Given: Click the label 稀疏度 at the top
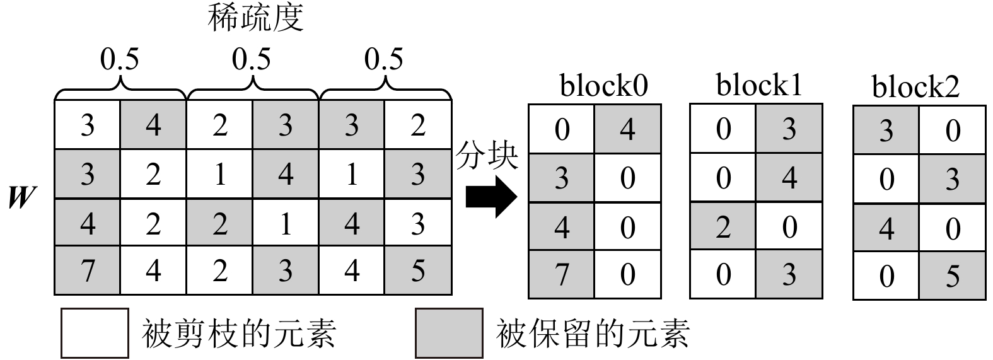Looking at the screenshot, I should point(256,18).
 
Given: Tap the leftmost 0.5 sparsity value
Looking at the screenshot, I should point(119,60).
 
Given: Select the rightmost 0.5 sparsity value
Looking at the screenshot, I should point(383,60).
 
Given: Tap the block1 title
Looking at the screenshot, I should point(759,85).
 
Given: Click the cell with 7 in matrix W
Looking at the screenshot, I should point(88,270).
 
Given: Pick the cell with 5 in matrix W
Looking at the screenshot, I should point(418,270).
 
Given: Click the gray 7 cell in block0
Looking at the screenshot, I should point(562,274).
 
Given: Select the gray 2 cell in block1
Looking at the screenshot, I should point(723,226).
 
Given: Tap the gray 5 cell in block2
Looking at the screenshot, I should point(952,276).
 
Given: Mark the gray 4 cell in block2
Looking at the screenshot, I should point(886,228).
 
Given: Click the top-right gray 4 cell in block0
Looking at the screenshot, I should point(627,129).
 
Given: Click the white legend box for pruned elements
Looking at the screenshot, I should point(95,332).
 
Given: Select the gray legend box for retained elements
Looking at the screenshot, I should point(449,332).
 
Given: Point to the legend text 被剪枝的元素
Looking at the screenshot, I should point(239,333).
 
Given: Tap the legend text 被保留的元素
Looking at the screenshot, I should point(593,333).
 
